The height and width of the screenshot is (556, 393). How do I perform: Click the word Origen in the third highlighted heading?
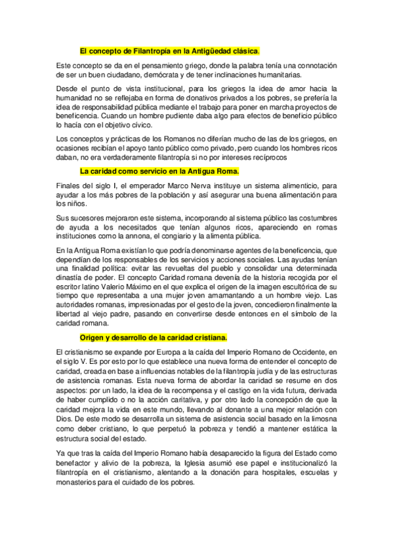[x=92, y=338]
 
